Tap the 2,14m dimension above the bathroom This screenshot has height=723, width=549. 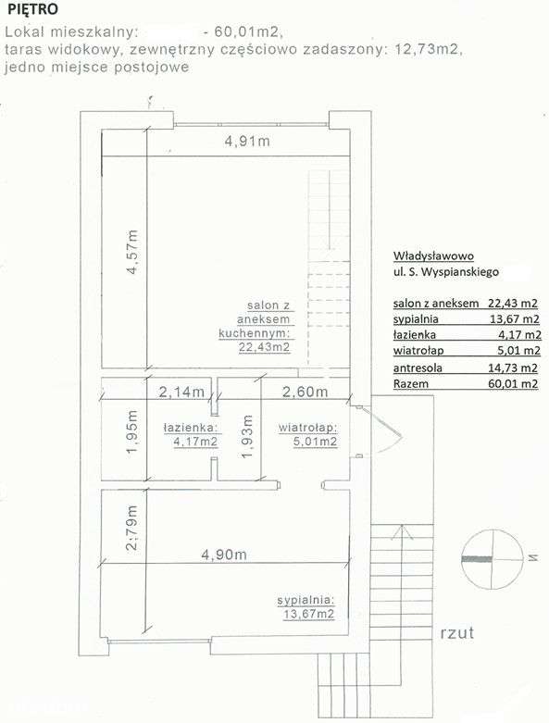(x=181, y=392)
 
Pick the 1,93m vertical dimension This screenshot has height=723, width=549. (x=246, y=434)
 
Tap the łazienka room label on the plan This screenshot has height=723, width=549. (x=190, y=428)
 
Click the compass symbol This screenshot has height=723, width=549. (x=489, y=559)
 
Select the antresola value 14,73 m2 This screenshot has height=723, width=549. (x=516, y=368)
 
